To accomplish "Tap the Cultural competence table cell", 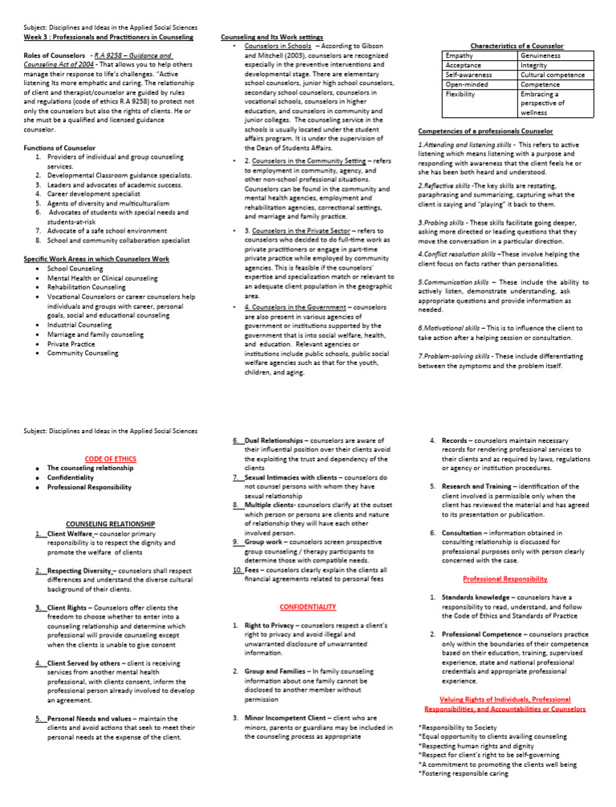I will coord(555,75).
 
